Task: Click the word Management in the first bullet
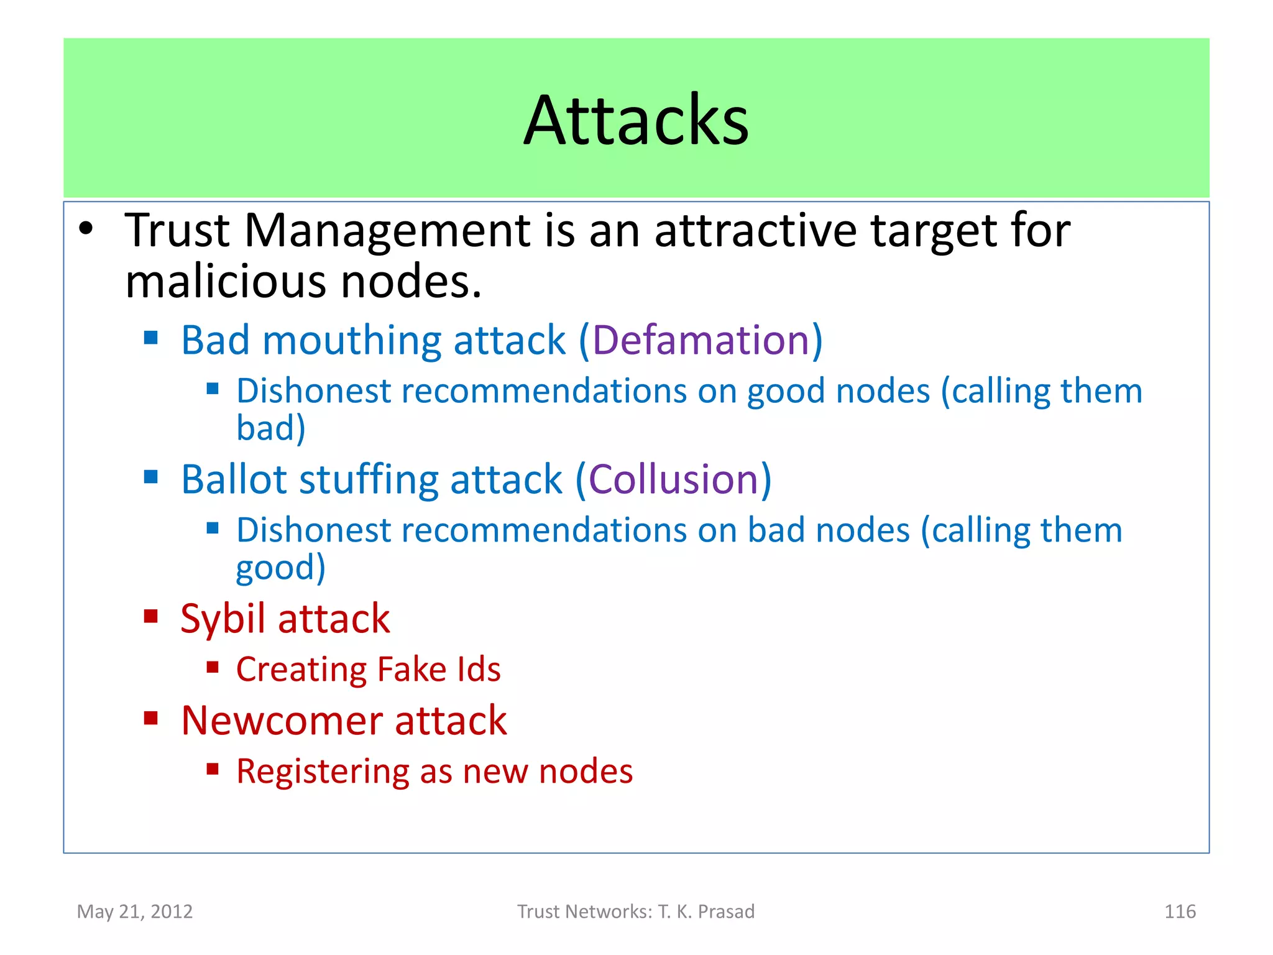click(387, 231)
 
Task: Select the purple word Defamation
click(701, 341)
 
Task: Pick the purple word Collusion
click(673, 480)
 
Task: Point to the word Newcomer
click(281, 721)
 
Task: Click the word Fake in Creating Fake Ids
click(411, 670)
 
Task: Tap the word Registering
click(322, 772)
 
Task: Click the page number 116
click(1179, 911)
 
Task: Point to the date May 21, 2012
click(135, 911)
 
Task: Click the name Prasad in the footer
click(726, 911)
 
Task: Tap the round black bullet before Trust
click(86, 229)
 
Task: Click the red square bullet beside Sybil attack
click(150, 616)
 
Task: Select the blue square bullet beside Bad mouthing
click(150, 338)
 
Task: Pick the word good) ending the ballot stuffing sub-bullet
click(280, 568)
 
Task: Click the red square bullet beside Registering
click(213, 769)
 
